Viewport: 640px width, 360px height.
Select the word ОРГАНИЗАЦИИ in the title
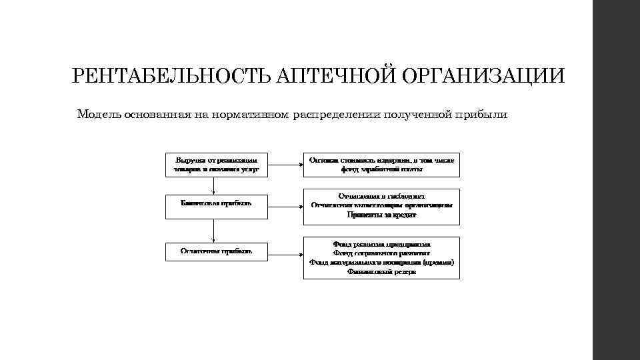coord(483,75)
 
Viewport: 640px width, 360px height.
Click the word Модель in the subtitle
coord(98,114)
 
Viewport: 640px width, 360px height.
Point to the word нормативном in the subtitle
coord(253,114)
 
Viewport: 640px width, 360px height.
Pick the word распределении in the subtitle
coord(341,114)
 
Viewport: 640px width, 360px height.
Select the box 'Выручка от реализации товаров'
coord(217,165)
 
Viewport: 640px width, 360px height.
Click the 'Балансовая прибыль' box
coord(217,206)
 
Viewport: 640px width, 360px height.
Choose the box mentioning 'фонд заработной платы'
coord(381,165)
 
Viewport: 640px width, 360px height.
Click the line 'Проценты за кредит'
coord(381,215)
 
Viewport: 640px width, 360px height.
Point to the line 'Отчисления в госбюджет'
coord(381,197)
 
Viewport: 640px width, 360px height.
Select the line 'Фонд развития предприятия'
coord(381,244)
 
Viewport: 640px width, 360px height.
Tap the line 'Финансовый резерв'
coord(381,272)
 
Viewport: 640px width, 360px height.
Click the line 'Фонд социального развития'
coord(381,253)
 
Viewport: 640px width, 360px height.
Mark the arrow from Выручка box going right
coord(285,165)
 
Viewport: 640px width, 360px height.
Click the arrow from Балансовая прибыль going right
coord(285,207)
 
